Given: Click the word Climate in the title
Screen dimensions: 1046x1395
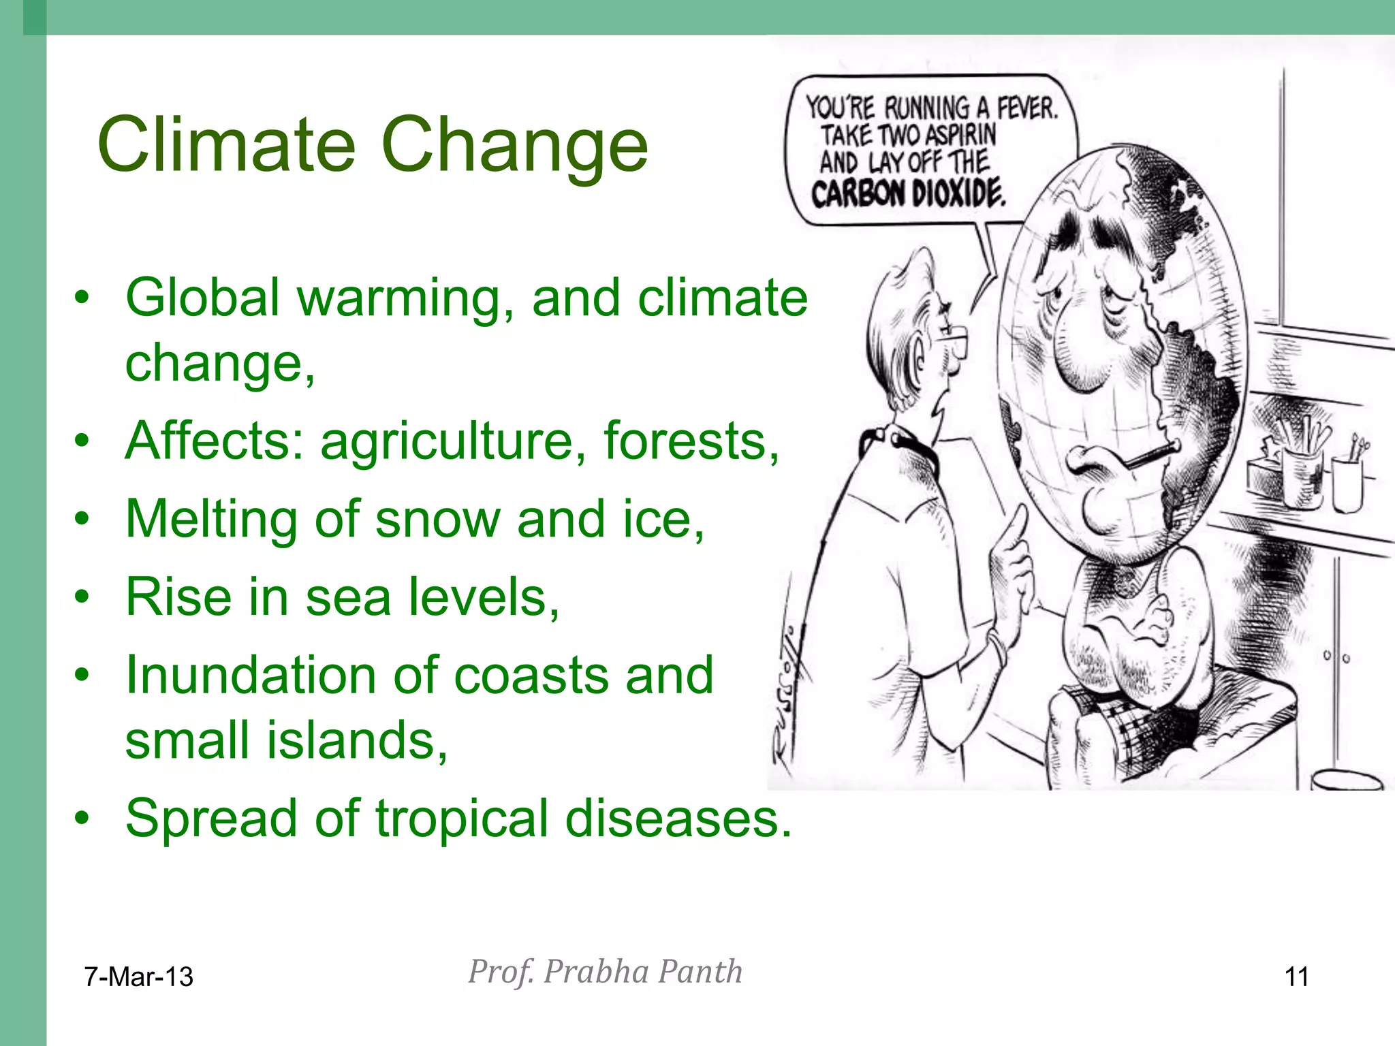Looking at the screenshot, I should [226, 144].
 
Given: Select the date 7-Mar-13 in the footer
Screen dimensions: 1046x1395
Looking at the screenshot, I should [139, 977].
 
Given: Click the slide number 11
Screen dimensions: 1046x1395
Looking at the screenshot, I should [1296, 977].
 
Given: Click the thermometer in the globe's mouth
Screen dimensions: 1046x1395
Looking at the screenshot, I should [1151, 454].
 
